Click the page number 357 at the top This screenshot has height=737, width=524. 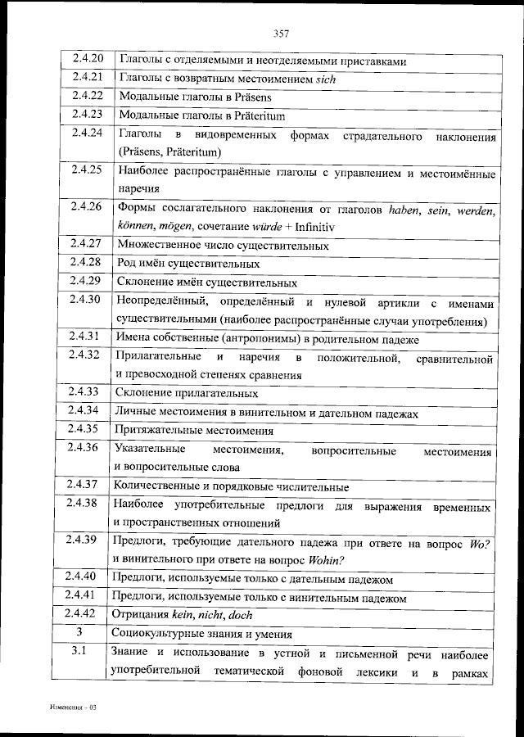pyautogui.click(x=281, y=34)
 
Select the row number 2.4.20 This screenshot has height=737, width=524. pyautogui.click(x=85, y=61)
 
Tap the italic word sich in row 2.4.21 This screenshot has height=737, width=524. pyautogui.click(x=326, y=79)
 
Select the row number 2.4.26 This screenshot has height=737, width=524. pyautogui.click(x=85, y=206)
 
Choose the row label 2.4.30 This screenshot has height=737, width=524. pyautogui.click(x=85, y=300)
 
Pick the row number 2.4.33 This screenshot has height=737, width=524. pyautogui.click(x=85, y=391)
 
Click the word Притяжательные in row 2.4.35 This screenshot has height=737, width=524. pyautogui.click(x=157, y=429)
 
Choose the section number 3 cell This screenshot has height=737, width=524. pyautogui.click(x=79, y=633)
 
